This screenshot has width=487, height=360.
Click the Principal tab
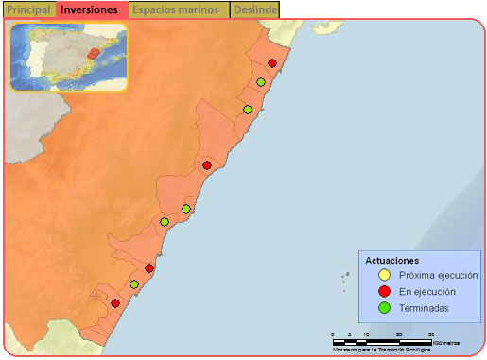[x=28, y=9]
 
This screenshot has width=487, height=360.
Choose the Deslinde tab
[x=254, y=9]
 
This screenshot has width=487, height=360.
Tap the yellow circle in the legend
[x=384, y=275]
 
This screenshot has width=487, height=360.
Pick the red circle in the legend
[x=384, y=291]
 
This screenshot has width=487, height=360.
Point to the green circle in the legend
[x=384, y=307]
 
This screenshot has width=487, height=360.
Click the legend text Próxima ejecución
[x=438, y=275]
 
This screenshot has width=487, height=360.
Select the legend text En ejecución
[x=427, y=291]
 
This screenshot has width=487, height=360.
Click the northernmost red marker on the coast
[x=272, y=63]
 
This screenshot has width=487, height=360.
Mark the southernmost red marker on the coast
[x=115, y=303]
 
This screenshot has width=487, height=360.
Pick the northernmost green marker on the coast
[x=260, y=82]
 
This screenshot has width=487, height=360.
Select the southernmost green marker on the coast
[x=134, y=284]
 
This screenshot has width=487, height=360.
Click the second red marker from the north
[x=207, y=165]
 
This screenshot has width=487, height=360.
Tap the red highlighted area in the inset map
[x=92, y=54]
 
